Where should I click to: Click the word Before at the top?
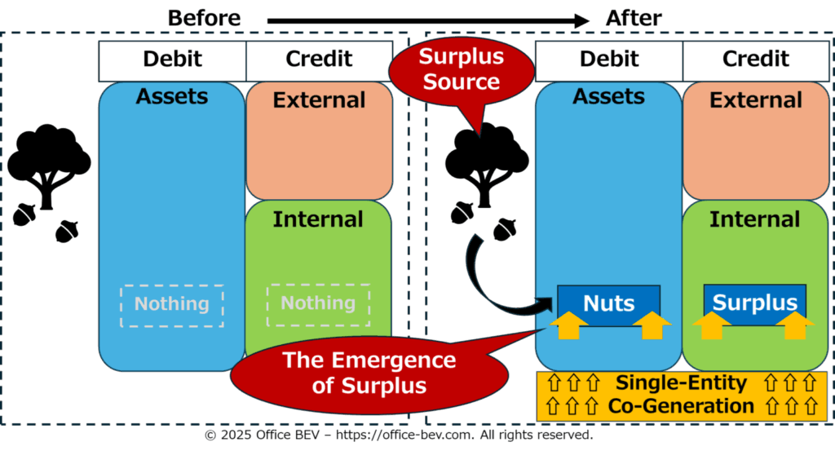(x=204, y=18)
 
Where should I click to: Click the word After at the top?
(x=633, y=18)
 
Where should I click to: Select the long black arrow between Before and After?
(x=428, y=20)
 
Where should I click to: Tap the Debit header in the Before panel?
(x=173, y=59)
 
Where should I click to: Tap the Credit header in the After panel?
(x=756, y=59)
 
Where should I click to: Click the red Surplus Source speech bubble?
(x=462, y=72)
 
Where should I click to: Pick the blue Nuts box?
(x=608, y=303)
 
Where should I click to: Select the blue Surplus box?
(x=754, y=303)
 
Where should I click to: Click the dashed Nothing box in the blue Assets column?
(x=172, y=306)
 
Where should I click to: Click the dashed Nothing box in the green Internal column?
(x=318, y=304)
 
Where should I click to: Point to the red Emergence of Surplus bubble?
(x=369, y=374)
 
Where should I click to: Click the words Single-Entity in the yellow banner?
(x=681, y=382)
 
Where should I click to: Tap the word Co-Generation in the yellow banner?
(x=681, y=406)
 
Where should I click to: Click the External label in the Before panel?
(x=319, y=100)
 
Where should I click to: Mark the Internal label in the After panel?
(x=754, y=219)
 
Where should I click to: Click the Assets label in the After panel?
(x=608, y=96)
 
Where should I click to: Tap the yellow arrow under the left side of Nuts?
(x=568, y=325)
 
